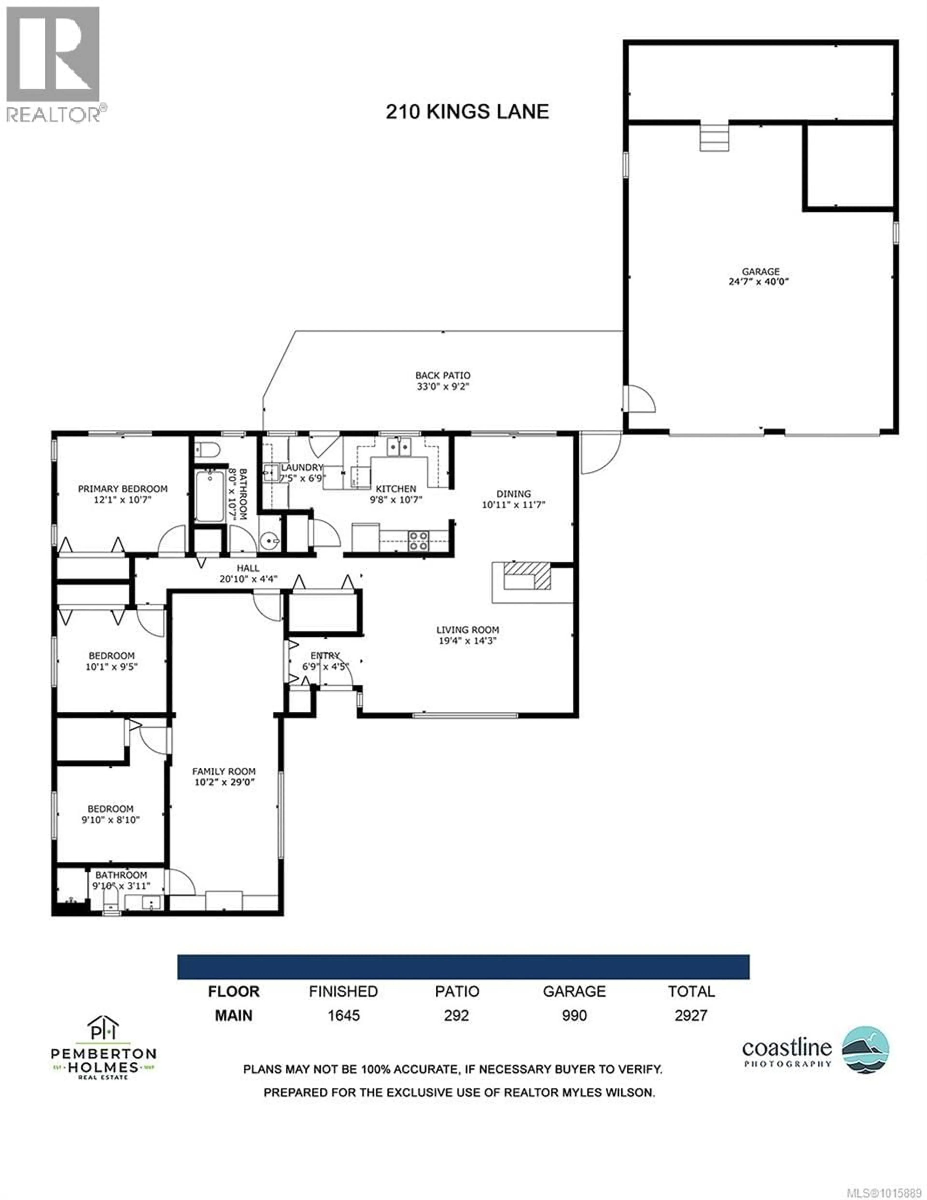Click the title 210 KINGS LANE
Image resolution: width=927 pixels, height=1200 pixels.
point(467,112)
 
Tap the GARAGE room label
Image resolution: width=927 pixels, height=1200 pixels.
point(760,271)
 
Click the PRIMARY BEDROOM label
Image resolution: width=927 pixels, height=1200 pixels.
point(123,488)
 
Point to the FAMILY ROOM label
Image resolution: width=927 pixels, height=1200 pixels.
point(224,772)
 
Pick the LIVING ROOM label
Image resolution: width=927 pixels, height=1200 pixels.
point(468,630)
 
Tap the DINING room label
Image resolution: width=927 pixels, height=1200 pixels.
point(514,493)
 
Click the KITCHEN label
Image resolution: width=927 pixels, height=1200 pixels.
point(396,488)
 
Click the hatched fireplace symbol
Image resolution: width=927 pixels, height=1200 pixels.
point(527,575)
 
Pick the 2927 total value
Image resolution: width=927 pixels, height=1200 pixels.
point(691,1015)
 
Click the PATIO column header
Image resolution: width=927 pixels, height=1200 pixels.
point(457,991)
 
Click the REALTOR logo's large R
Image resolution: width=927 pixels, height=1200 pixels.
point(53,54)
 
